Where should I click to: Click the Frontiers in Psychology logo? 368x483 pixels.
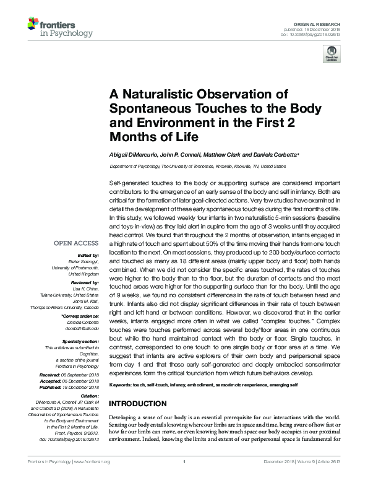59,27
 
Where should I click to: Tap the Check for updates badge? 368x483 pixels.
333,56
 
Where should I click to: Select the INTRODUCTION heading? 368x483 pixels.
140,403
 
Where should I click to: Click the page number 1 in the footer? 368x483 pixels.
184,479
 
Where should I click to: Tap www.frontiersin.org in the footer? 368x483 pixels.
92,479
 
